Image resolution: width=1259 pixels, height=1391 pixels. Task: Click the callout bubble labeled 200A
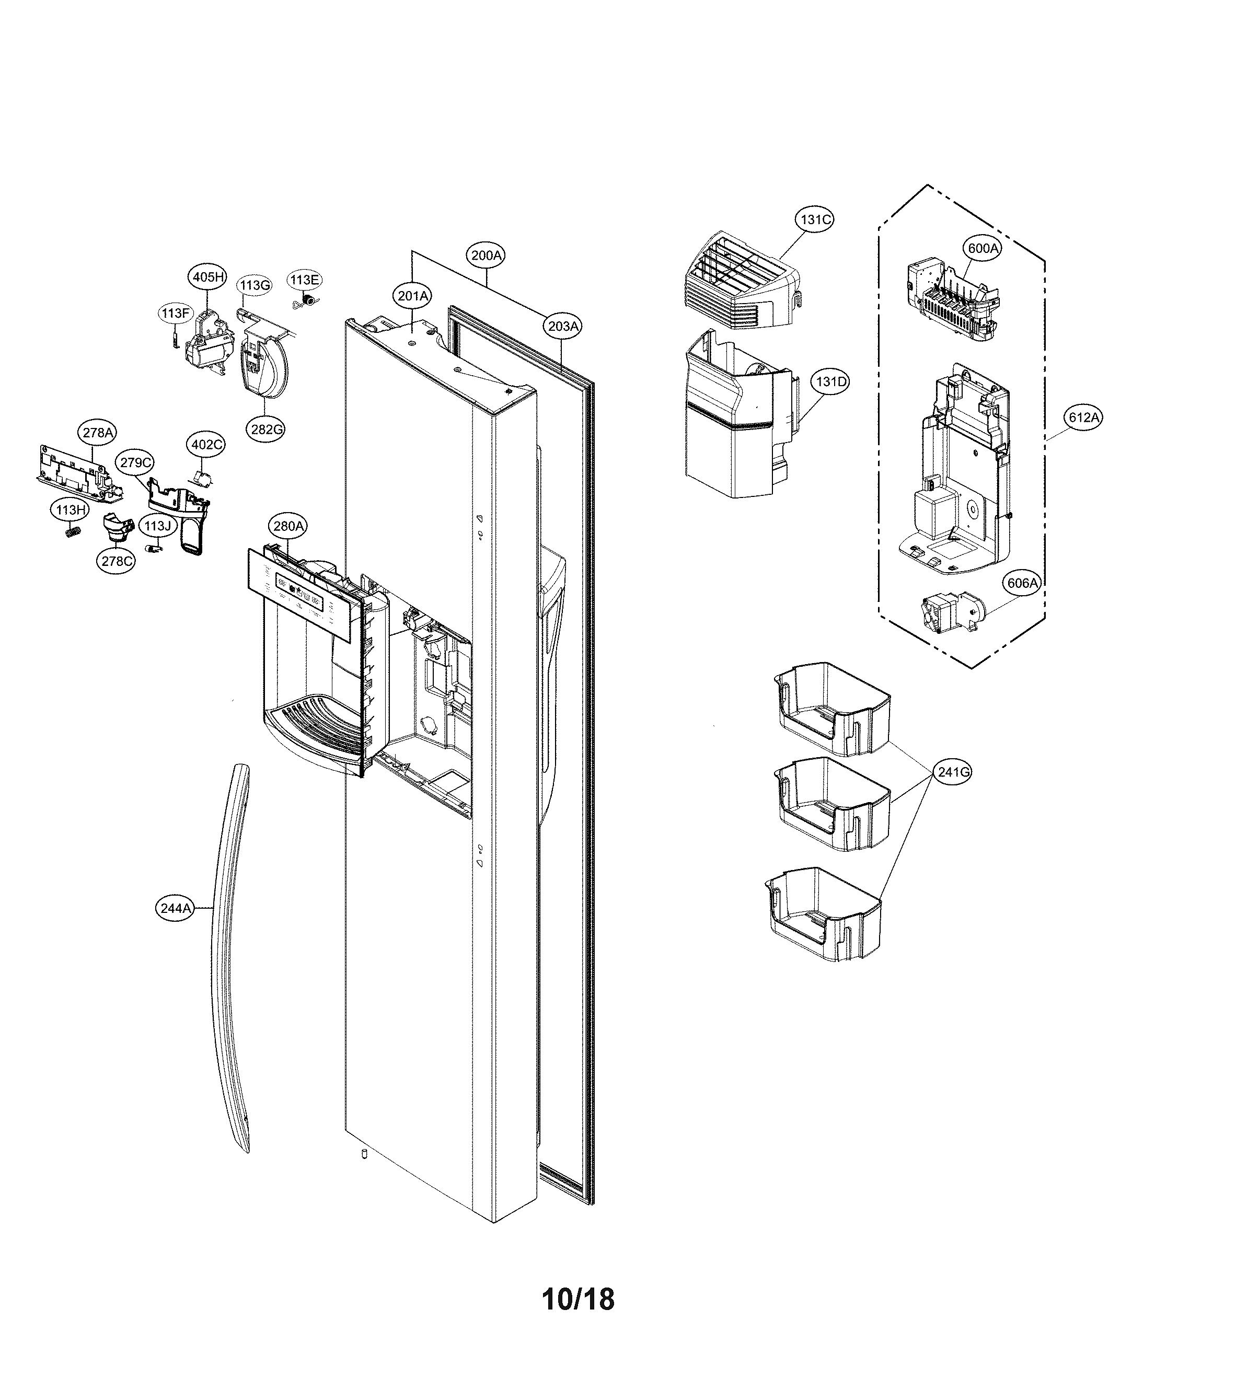tap(486, 256)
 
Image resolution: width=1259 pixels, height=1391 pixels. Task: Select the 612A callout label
tap(1083, 417)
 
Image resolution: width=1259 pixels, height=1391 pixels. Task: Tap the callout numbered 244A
tap(175, 909)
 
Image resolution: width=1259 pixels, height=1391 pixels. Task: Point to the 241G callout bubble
tap(953, 772)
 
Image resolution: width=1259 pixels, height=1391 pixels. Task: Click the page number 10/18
tap(577, 1299)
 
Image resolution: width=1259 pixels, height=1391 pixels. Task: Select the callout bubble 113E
tap(304, 280)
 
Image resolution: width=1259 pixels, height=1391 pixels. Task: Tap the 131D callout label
tap(830, 381)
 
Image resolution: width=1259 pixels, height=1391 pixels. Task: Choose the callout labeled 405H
tap(208, 277)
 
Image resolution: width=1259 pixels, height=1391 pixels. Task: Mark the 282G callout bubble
tap(267, 428)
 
